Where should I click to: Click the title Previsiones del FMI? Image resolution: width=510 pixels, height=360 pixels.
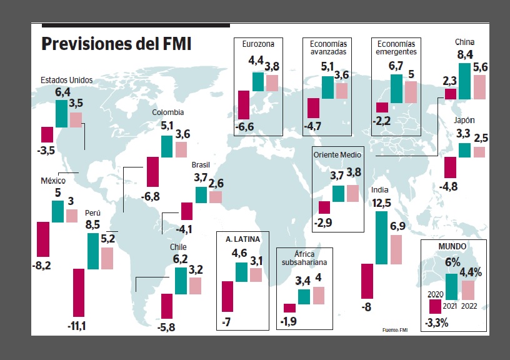(116, 45)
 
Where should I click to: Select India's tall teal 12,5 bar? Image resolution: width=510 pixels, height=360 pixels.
(381, 237)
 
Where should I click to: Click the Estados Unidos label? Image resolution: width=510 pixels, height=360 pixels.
(66, 80)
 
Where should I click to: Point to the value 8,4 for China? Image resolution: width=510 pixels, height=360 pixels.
(465, 56)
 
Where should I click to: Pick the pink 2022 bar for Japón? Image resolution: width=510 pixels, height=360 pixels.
(479, 152)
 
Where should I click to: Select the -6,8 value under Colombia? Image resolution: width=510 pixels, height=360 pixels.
(151, 196)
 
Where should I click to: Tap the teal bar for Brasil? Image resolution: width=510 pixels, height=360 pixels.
(201, 195)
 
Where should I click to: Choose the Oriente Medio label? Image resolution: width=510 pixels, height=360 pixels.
(337, 154)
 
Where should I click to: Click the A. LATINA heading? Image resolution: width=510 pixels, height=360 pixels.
(242, 239)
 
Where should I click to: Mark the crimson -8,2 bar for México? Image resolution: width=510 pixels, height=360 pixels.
(43, 239)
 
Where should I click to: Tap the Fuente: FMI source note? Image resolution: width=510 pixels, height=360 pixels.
(394, 329)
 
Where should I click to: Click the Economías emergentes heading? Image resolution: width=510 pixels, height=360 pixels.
(394, 47)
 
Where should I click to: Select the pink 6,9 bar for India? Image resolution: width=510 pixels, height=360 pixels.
(396, 249)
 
